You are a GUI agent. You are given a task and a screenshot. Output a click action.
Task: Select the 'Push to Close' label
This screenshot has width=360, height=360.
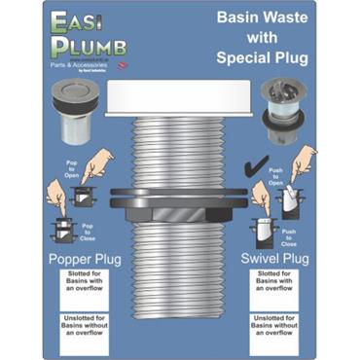(x=288, y=234)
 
